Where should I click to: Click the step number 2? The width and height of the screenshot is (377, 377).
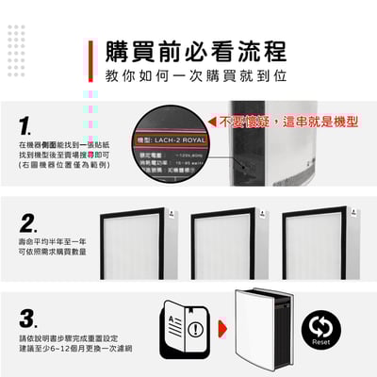coord(29,224)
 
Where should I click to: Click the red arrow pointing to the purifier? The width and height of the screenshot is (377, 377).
coord(223,331)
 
